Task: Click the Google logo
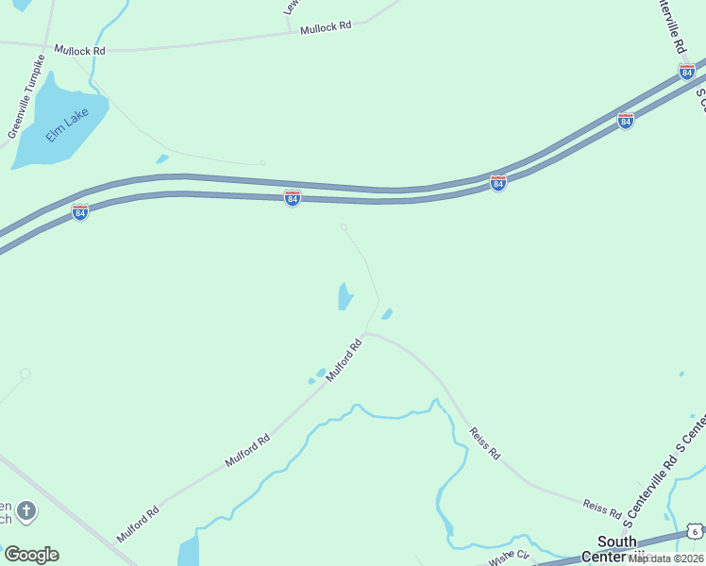click(31, 555)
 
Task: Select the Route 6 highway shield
click(695, 532)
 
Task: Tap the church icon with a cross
click(27, 512)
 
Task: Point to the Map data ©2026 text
click(665, 558)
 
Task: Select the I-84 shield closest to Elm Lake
click(80, 212)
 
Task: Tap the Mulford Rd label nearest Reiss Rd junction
click(345, 361)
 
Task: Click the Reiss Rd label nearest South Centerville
click(602, 510)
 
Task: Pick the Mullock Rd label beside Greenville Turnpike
click(79, 49)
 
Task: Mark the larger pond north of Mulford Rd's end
click(345, 296)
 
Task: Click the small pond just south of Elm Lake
click(162, 158)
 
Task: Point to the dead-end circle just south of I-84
click(344, 226)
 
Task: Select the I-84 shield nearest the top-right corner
click(687, 73)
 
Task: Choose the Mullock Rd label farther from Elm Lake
click(326, 28)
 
